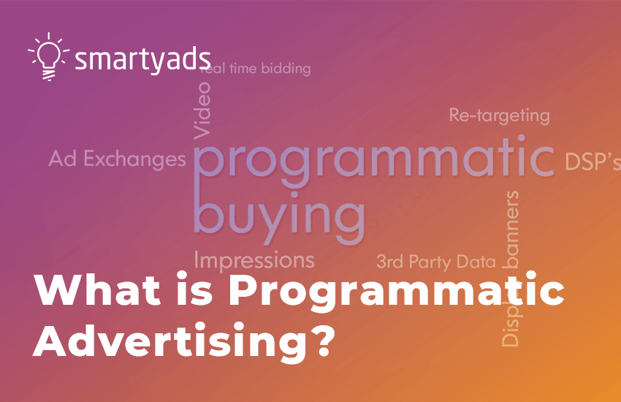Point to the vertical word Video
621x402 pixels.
(202, 110)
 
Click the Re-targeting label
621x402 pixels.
(498, 115)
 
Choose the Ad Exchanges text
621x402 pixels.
(117, 159)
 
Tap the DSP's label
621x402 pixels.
(593, 162)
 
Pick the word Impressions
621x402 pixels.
(254, 259)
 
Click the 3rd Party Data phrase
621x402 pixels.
(435, 261)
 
